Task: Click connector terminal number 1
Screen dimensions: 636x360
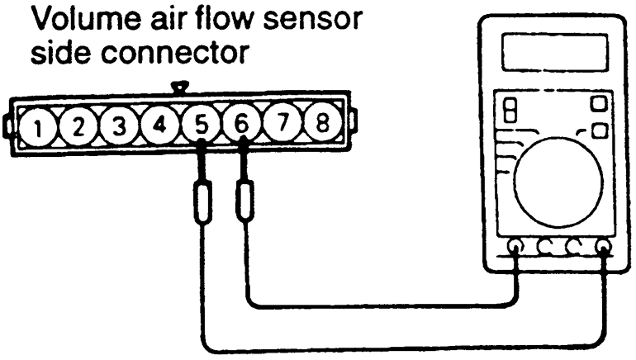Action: point(38,127)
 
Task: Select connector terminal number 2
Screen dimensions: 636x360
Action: point(78,126)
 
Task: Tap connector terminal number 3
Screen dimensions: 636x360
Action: point(119,126)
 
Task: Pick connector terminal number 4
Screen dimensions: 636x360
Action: point(159,125)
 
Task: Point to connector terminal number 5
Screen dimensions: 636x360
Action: point(201,124)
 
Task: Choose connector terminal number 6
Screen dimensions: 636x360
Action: point(242,123)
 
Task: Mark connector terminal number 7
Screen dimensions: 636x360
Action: point(282,122)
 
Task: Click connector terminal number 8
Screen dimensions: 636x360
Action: point(322,121)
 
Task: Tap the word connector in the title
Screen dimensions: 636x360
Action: point(174,52)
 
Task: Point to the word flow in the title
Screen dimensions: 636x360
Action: point(217,18)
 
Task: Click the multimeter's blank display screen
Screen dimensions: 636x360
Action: point(555,53)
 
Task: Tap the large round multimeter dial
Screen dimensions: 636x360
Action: point(558,182)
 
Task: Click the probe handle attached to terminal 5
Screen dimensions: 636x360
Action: point(203,202)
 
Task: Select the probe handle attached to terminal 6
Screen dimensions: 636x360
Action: point(244,201)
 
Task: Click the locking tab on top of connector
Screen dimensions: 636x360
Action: point(180,87)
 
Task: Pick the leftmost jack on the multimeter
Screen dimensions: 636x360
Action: point(516,246)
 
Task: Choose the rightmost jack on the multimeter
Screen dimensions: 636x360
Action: point(604,246)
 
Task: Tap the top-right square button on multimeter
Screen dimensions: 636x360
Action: point(599,103)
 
